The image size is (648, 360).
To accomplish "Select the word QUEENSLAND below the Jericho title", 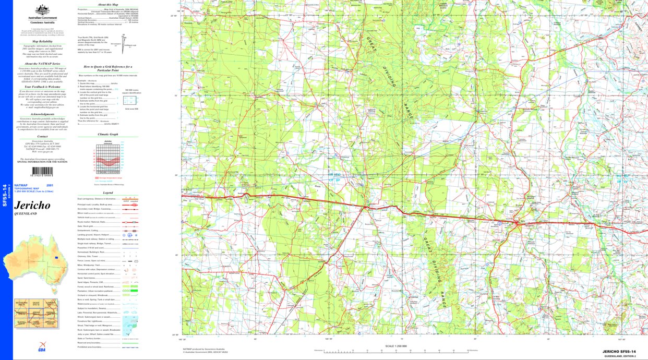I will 26,214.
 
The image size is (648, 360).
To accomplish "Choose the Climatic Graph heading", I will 108,134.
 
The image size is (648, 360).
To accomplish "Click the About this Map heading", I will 108,4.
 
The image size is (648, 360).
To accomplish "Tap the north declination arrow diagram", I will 124,40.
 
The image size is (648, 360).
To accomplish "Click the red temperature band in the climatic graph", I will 108,159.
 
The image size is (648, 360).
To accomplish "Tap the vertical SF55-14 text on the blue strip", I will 5,194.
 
